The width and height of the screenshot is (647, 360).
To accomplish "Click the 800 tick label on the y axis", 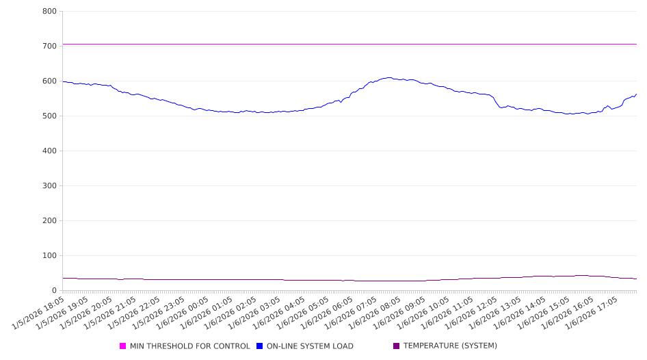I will point(49,12).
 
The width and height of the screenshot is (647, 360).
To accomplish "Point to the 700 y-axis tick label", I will point(49,47).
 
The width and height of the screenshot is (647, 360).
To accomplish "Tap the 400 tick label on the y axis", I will point(49,151).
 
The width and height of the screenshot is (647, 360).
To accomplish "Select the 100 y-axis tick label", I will point(49,256).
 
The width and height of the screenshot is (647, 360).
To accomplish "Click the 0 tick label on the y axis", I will point(54,291).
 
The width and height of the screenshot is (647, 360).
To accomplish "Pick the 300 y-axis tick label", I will point(49,186).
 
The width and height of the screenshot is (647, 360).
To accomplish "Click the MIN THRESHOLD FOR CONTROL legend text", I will point(189,346).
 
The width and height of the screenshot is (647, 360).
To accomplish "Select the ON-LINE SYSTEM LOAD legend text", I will point(309,346).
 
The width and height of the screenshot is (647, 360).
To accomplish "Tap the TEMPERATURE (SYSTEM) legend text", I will point(449,346).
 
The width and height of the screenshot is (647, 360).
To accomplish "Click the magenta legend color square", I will point(123,346).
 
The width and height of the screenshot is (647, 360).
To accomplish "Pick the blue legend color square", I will point(260,346).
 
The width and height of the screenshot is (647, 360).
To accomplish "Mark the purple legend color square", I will point(396,346).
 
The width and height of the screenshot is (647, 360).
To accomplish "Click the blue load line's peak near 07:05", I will point(388,77).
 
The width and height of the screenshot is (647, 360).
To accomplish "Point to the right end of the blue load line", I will point(636,94).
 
